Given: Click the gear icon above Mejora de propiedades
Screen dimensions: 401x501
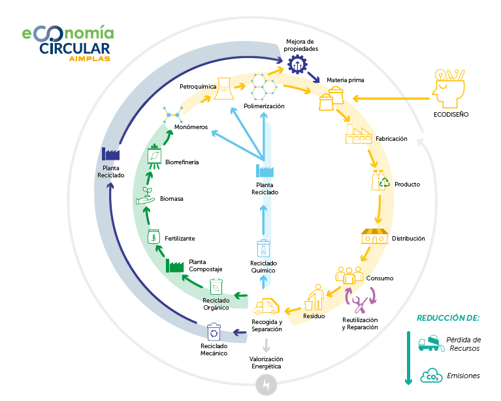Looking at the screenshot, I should click(x=298, y=64).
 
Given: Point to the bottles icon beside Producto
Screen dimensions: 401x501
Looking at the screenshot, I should click(x=378, y=181).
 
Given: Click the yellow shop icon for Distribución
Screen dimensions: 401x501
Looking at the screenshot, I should click(x=374, y=236).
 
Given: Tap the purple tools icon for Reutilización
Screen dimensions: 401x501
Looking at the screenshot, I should click(x=360, y=301).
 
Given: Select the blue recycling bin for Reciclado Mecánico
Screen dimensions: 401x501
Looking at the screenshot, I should click(x=214, y=332).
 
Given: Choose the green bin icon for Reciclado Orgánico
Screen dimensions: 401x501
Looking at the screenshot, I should click(x=216, y=287).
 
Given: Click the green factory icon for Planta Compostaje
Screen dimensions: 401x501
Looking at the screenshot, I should click(x=174, y=265).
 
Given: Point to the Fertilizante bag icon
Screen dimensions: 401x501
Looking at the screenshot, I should click(x=154, y=236).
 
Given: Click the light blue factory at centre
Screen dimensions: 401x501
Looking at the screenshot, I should click(x=265, y=171).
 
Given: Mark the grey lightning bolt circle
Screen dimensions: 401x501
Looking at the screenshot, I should click(x=265, y=385).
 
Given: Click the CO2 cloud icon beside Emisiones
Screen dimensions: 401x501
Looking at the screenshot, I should click(x=431, y=375).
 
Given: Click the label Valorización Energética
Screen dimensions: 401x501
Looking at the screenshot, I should click(x=265, y=363).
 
